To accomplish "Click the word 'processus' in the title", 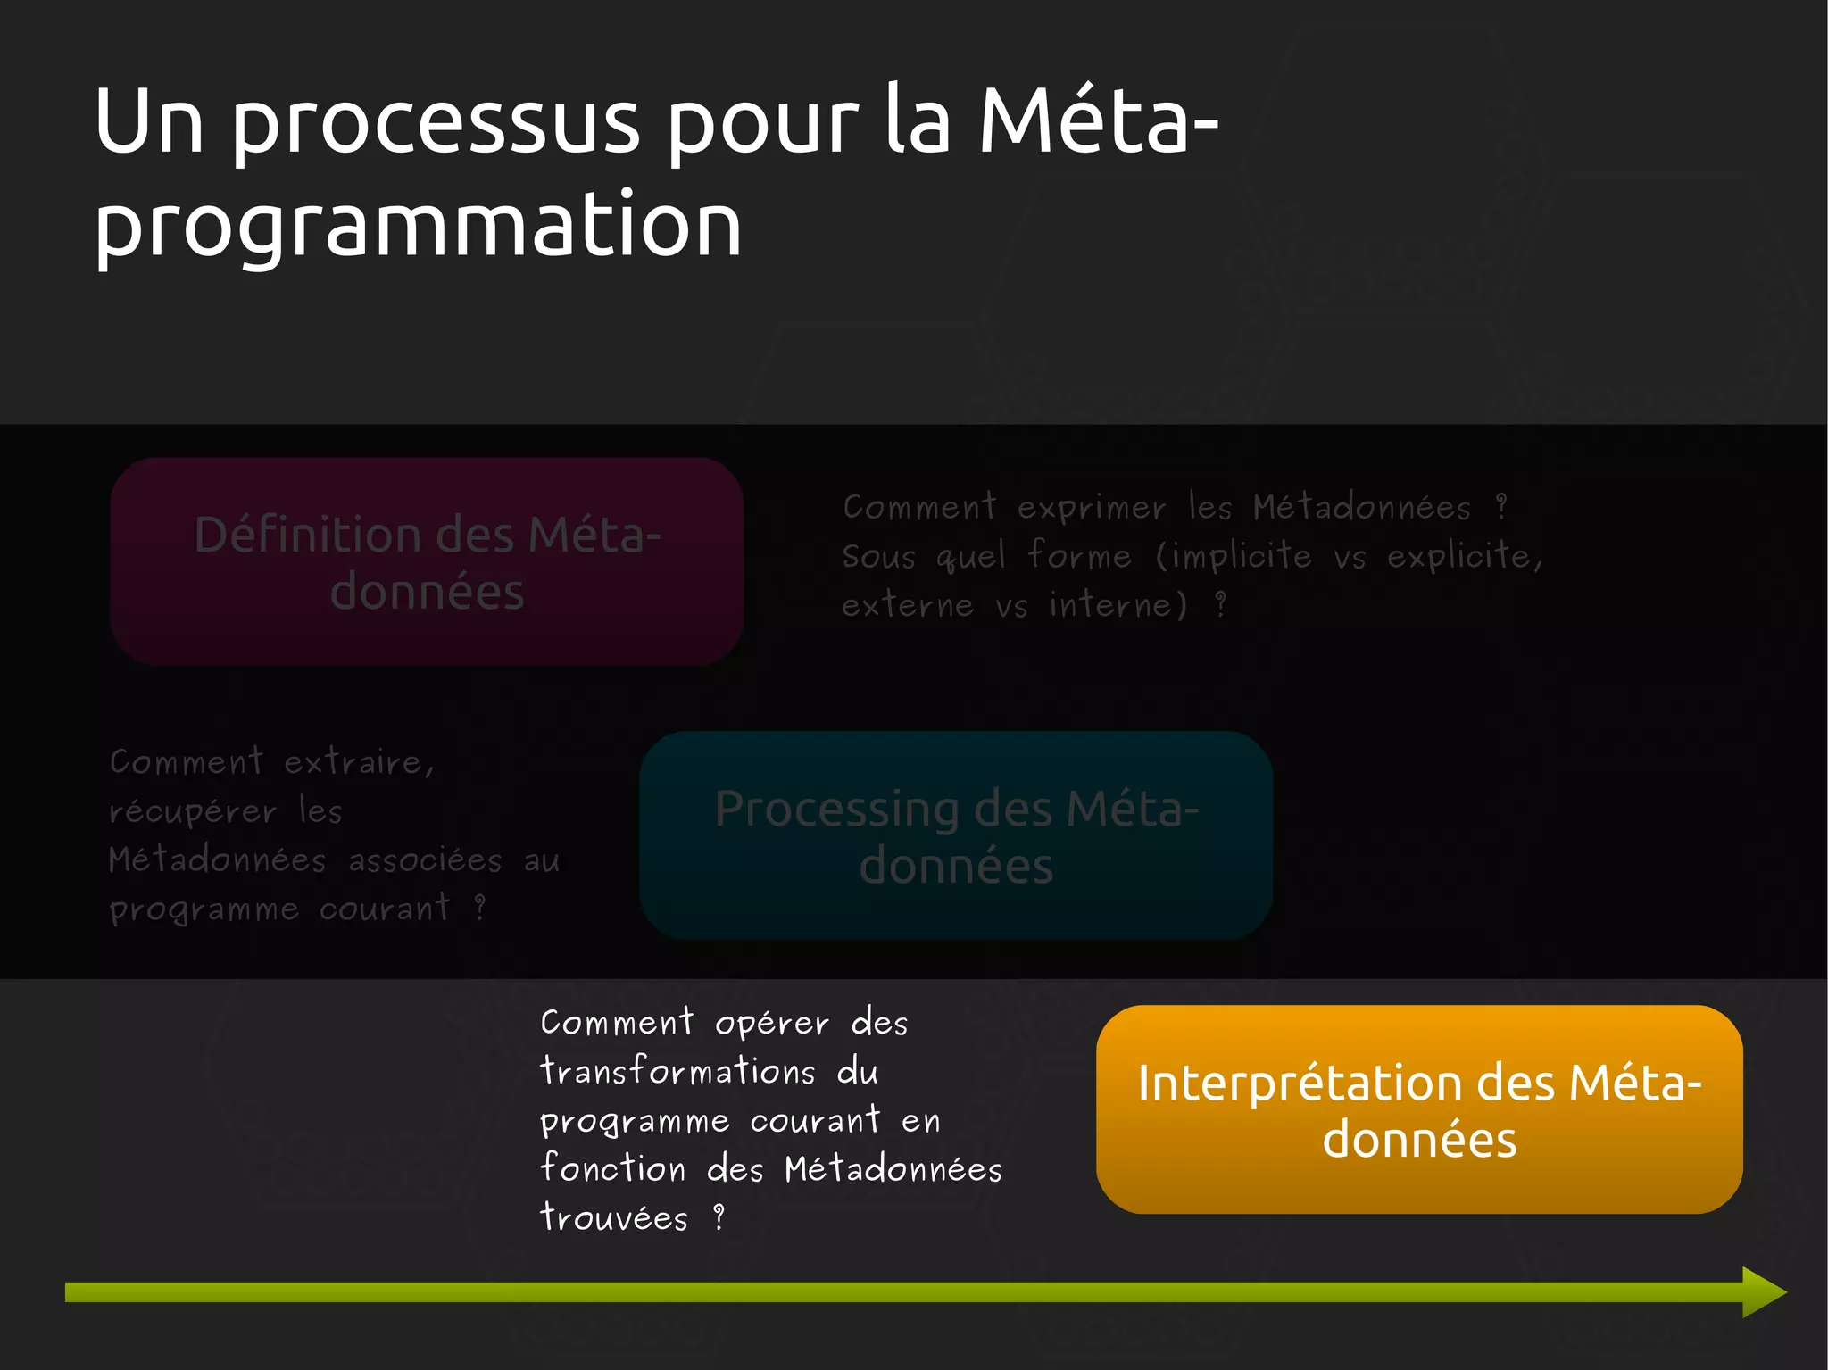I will (436, 125).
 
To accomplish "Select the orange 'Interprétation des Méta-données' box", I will (1419, 1109).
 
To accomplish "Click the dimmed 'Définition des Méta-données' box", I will (427, 562).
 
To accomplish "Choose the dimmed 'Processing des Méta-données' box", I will (956, 835).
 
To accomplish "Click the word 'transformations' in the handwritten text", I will (677, 1071).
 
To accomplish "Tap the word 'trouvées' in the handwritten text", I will (614, 1218).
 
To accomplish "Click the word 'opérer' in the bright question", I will (772, 1023).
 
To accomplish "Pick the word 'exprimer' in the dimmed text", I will (1092, 509).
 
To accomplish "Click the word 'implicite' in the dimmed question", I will (1242, 557).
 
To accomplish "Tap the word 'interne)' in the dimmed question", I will (1118, 606).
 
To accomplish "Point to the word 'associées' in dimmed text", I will (425, 861).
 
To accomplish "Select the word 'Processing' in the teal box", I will (836, 809).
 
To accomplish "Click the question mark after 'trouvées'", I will (719, 1217).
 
